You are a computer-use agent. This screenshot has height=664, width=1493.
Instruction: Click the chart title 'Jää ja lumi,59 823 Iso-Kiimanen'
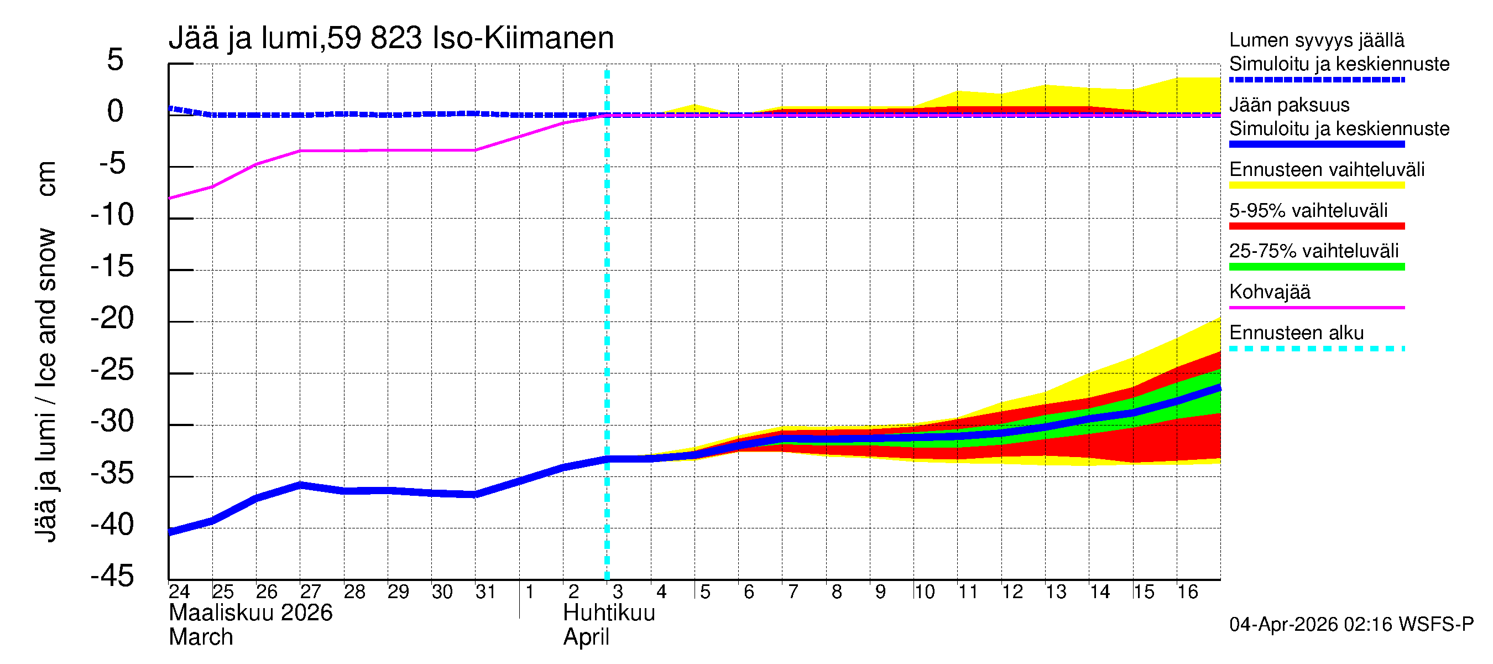390,38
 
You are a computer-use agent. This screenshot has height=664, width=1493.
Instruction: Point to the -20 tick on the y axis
112,318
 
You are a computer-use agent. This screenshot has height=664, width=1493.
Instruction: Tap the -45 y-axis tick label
112,577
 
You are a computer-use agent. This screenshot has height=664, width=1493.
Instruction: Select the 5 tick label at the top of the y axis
116,60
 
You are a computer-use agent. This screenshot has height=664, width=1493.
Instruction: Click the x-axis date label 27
310,592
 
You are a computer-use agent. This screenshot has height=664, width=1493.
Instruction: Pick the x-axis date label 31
486,592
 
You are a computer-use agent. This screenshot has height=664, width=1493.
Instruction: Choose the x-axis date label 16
1187,592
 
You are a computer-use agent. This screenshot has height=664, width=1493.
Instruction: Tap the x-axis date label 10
924,592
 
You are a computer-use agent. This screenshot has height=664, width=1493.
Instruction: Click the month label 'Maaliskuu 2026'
250,613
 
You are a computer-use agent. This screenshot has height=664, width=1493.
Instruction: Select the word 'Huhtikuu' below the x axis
609,613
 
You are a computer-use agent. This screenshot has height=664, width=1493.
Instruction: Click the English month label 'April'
586,637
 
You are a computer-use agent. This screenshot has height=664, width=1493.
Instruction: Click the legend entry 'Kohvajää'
1269,292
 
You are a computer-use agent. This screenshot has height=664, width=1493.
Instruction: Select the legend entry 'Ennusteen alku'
1296,333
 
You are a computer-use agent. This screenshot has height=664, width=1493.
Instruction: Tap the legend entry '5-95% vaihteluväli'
1308,210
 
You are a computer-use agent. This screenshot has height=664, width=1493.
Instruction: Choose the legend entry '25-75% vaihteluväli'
1313,251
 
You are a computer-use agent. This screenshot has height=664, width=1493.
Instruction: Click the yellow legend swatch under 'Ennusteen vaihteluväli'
1316,185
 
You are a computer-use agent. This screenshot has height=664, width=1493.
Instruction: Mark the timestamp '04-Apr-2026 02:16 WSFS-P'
1351,625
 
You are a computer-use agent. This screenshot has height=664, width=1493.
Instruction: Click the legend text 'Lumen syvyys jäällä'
1316,40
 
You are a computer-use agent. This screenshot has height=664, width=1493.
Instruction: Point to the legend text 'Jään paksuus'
1289,105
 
